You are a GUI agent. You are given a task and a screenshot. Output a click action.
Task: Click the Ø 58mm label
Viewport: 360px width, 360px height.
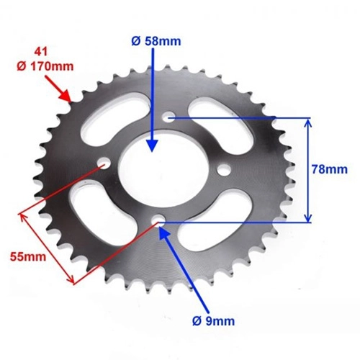[156, 41]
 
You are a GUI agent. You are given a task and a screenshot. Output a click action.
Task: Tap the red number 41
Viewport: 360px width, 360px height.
[41, 52]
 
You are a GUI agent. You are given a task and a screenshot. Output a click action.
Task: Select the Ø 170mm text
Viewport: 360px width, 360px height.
[45, 66]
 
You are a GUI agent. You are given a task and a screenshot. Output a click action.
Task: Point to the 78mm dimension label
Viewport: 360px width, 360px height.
[330, 169]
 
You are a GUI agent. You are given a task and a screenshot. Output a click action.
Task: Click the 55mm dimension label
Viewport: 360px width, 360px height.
[28, 256]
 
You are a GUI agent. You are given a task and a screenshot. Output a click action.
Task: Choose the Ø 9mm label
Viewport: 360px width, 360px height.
[213, 321]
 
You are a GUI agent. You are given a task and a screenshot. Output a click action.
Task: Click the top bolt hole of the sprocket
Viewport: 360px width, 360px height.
[169, 117]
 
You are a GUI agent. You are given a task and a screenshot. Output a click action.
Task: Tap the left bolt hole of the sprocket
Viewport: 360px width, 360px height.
[104, 163]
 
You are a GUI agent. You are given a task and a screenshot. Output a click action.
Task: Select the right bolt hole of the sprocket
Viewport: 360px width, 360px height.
[224, 170]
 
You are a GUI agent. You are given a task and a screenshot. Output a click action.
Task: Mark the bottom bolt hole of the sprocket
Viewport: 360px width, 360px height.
[158, 220]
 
